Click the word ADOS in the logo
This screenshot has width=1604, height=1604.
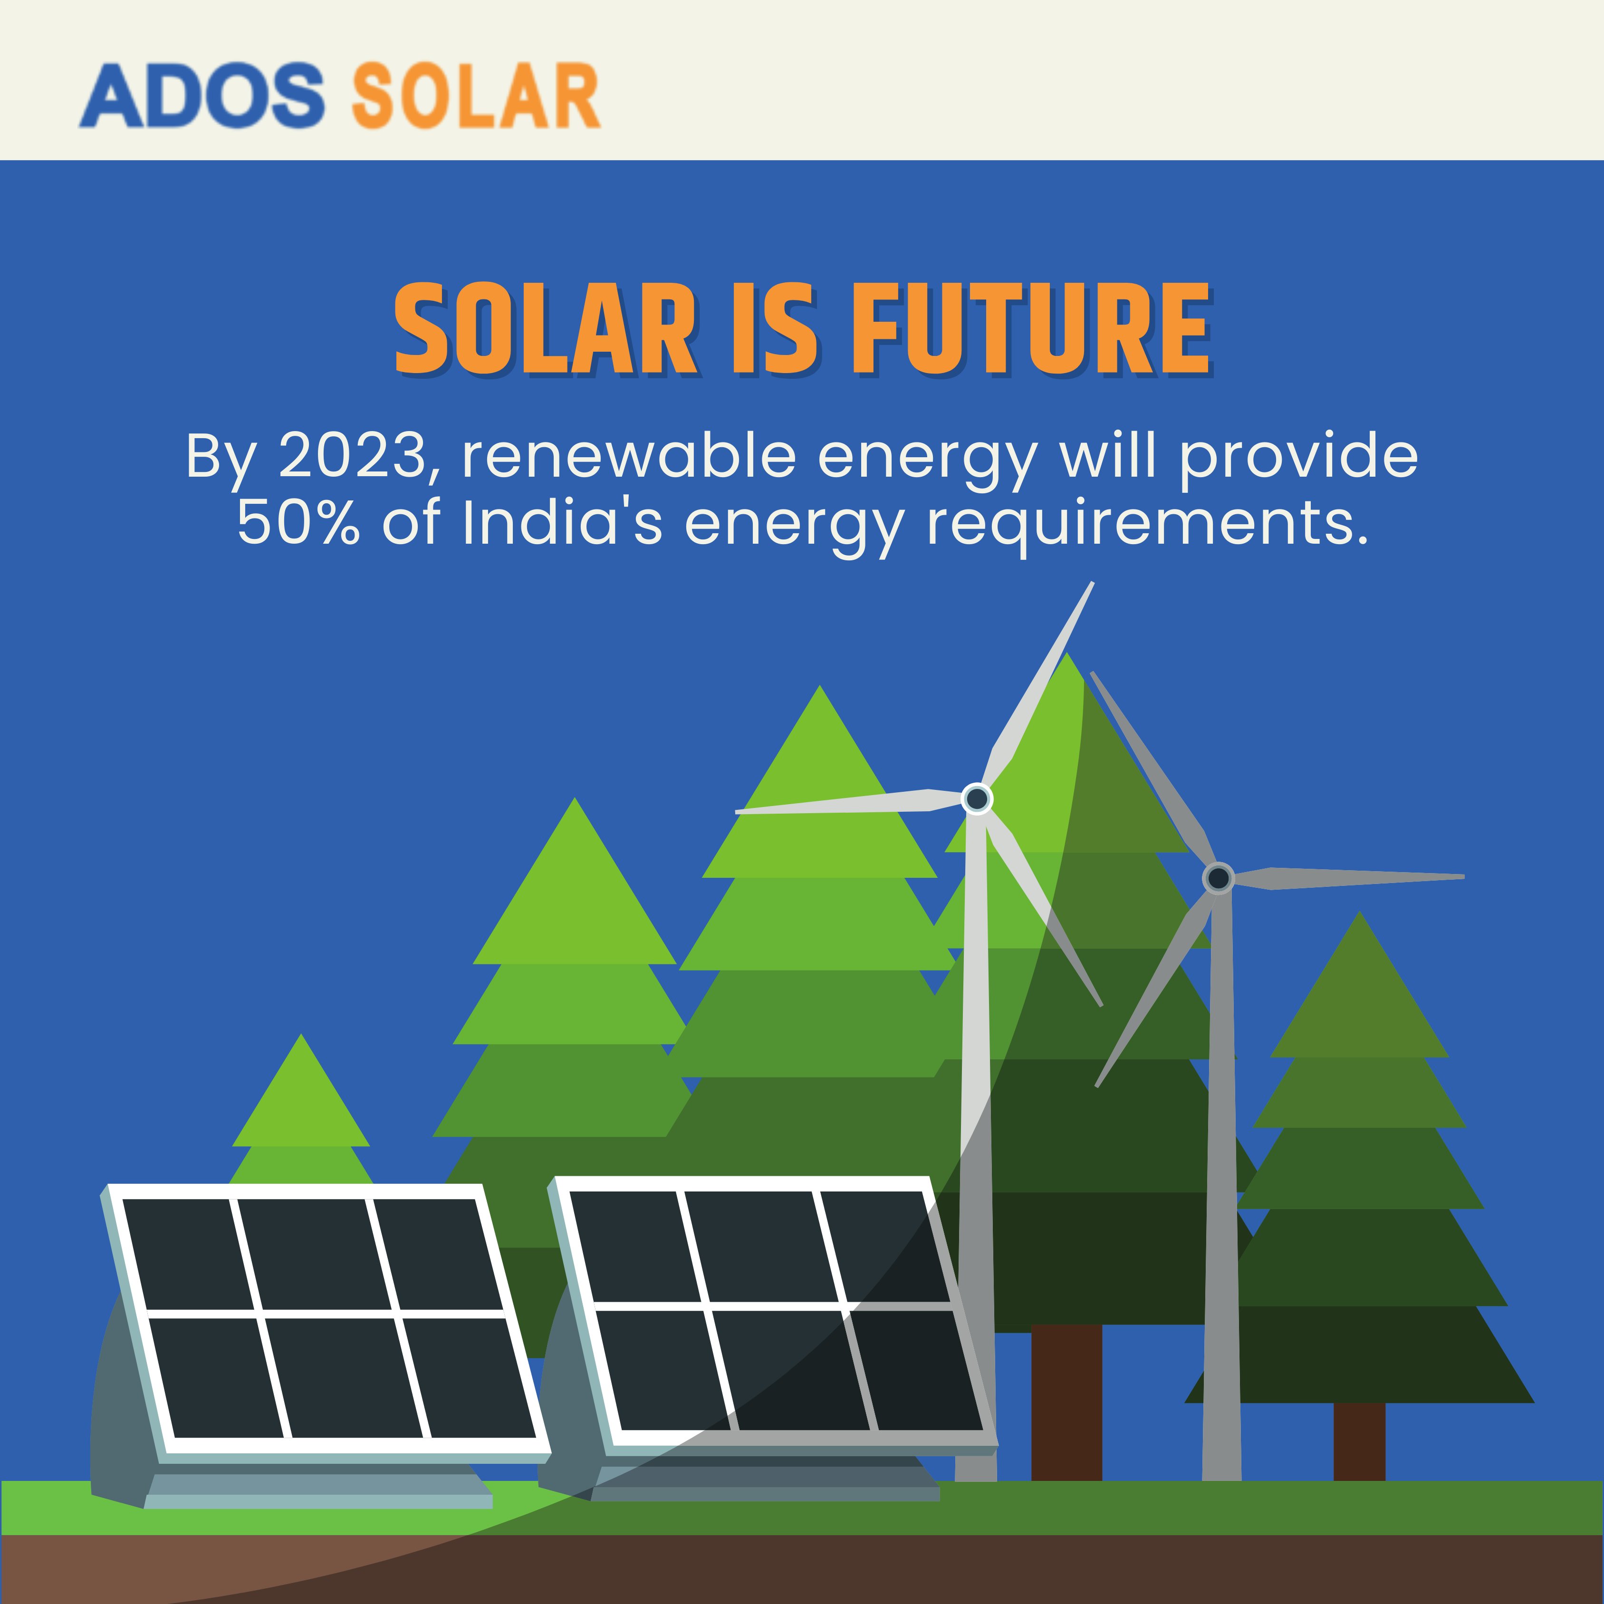201,96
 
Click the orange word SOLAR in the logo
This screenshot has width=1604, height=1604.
476,96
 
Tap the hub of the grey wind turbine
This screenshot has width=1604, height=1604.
1218,877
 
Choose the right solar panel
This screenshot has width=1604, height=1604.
772,1312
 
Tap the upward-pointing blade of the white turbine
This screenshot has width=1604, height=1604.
1042,681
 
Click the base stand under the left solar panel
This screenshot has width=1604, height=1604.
316,1490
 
